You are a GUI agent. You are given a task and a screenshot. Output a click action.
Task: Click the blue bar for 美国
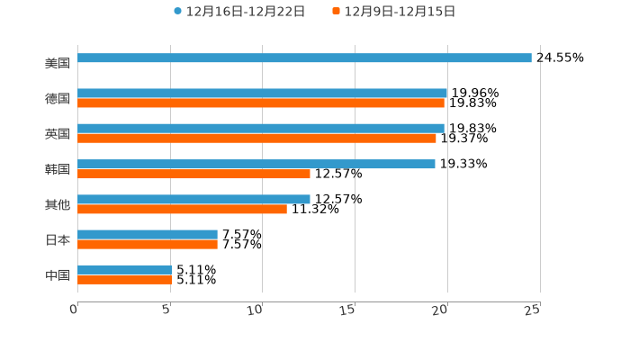pyautogui.click(x=304, y=58)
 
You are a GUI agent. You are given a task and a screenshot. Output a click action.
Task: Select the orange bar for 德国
pyautogui.click(x=261, y=103)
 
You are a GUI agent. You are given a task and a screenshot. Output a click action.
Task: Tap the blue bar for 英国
pyautogui.click(x=261, y=129)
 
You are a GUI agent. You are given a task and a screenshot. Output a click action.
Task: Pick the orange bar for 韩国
pyautogui.click(x=193, y=174)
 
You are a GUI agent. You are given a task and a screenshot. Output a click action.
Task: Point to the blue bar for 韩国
pyautogui.click(x=256, y=164)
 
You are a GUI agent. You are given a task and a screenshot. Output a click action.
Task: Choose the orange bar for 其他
pyautogui.click(x=182, y=209)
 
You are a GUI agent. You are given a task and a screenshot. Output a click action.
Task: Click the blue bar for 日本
pyautogui.click(x=148, y=234)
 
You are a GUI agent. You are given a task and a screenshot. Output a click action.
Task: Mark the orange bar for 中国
pyautogui.click(x=125, y=280)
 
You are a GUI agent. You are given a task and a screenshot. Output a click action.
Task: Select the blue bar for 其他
pyautogui.click(x=193, y=199)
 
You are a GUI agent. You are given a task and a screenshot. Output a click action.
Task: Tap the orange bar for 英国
pyautogui.click(x=256, y=139)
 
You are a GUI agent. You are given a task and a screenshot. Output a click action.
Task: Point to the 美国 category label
pyautogui.click(x=58, y=64)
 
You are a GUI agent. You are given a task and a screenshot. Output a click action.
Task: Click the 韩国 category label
pyautogui.click(x=58, y=169)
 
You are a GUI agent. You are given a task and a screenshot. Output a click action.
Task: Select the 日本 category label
pyautogui.click(x=58, y=240)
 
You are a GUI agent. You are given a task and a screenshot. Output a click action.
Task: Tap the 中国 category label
pyautogui.click(x=58, y=275)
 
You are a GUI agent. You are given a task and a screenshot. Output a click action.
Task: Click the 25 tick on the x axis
pyautogui.click(x=533, y=310)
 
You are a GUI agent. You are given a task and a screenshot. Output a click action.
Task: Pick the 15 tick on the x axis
pyautogui.click(x=348, y=310)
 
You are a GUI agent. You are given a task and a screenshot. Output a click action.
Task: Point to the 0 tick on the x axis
pyautogui.click(x=74, y=310)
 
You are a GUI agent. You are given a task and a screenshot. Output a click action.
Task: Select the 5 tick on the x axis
pyautogui.click(x=166, y=310)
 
